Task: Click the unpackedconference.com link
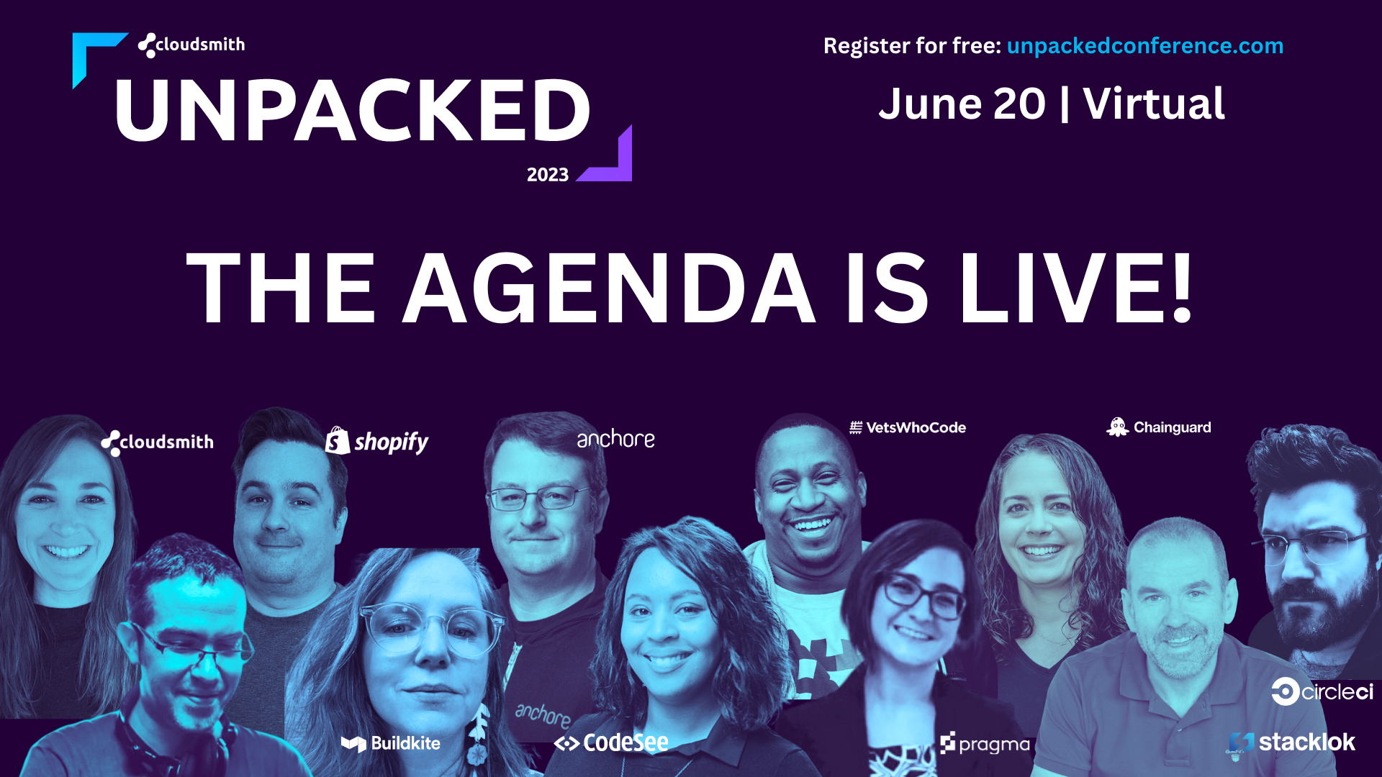click(1144, 45)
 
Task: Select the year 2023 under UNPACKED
click(547, 175)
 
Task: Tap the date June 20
click(962, 104)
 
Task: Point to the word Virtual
click(1153, 104)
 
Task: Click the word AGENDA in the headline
click(608, 288)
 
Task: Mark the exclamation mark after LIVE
click(1181, 288)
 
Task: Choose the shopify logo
click(376, 441)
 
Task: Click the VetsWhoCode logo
click(908, 427)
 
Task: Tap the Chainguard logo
click(1159, 427)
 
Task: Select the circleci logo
click(1322, 692)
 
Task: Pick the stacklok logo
click(1291, 742)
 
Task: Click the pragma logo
click(985, 744)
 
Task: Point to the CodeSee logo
click(611, 742)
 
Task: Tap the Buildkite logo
click(391, 743)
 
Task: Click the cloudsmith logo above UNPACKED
click(191, 45)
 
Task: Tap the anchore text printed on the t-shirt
click(543, 714)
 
